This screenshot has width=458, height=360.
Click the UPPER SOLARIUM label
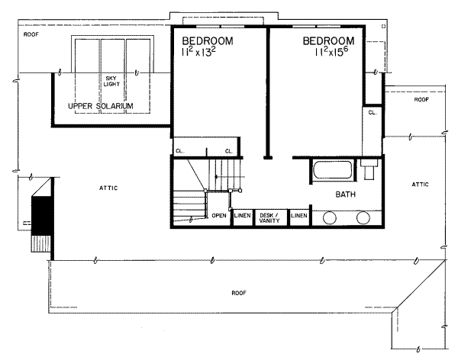(x=101, y=104)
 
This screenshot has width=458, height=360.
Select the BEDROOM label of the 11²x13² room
(x=207, y=40)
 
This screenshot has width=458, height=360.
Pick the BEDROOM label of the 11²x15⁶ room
(x=329, y=40)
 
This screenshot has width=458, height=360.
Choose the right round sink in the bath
(x=363, y=217)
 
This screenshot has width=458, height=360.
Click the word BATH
(x=347, y=195)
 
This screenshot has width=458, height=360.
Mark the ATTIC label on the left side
(x=108, y=187)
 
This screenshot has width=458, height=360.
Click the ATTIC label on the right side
(x=421, y=184)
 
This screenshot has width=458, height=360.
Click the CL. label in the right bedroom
(x=372, y=112)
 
